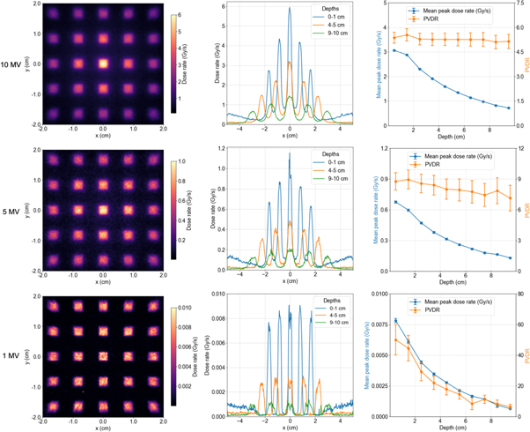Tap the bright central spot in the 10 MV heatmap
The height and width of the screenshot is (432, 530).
[104, 64]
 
